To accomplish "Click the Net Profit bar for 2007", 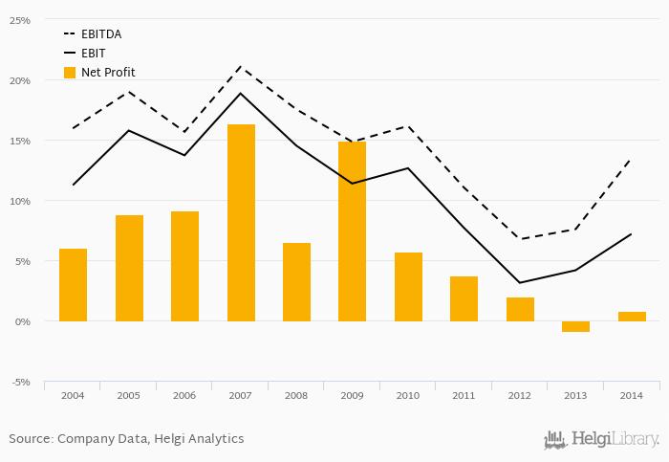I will coord(241,223).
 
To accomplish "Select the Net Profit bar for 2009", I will coord(352,231).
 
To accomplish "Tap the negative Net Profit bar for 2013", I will coord(576,326).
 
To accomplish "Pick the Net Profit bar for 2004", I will coord(73,285).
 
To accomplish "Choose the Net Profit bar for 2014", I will coord(632,317).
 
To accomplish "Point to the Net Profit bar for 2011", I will coord(464,298).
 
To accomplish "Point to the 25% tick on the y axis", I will coord(19,20).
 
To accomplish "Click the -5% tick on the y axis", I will coord(19,382).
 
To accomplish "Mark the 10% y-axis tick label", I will coord(19,201).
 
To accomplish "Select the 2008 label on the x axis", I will coord(296,394).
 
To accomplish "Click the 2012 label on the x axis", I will coord(520,394).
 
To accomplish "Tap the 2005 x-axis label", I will coord(129,394).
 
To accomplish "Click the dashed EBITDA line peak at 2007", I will coord(241,67).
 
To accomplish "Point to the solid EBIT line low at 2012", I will coord(520,282).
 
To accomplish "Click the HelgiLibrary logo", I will coord(602,440).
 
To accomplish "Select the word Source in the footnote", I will coord(30,439).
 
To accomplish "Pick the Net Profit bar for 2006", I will coord(184,266).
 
